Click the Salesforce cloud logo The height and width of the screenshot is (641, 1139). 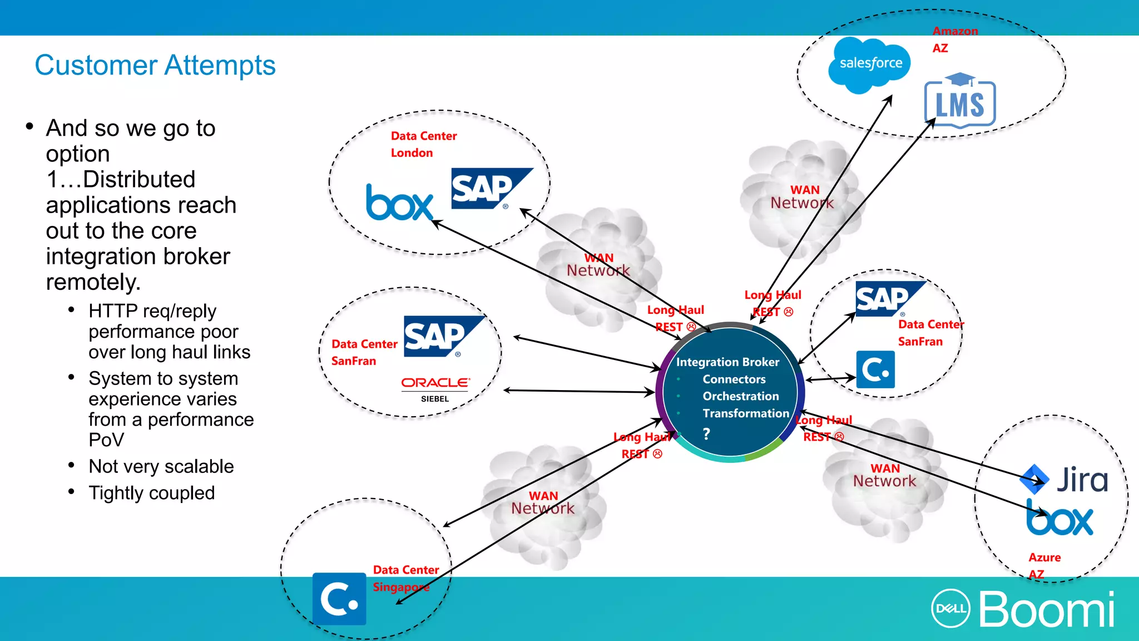click(x=869, y=64)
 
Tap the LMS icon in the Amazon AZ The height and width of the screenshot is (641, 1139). click(x=960, y=101)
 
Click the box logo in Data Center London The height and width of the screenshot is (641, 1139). click(x=399, y=203)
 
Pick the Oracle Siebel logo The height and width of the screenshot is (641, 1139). click(x=435, y=388)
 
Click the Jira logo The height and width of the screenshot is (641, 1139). click(x=1064, y=480)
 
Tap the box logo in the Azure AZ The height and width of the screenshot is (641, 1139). click(x=1059, y=519)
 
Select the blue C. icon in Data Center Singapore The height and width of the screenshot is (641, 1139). click(x=339, y=599)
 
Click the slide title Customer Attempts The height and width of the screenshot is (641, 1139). click(x=155, y=65)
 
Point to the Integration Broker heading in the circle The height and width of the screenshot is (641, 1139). click(x=727, y=362)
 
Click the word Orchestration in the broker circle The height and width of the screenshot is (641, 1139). click(x=740, y=396)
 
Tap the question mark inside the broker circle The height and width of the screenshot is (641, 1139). click(x=706, y=433)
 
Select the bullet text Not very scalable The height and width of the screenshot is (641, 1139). click(x=161, y=466)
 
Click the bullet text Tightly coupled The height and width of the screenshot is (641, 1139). click(x=151, y=493)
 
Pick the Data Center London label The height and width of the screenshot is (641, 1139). click(x=423, y=144)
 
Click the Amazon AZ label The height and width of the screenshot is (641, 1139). click(x=954, y=39)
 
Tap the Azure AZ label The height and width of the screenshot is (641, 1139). click(x=1044, y=565)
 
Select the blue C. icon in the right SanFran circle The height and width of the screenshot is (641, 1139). click(x=875, y=369)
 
